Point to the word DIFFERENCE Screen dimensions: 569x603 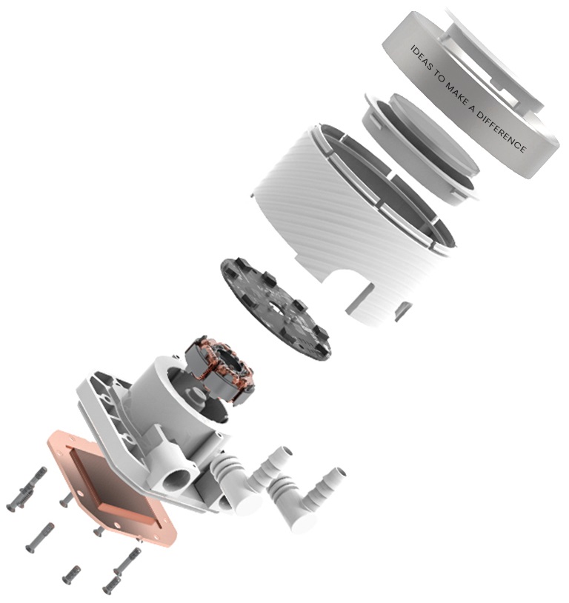coord(502,131)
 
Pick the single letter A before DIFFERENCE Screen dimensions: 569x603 coord(471,109)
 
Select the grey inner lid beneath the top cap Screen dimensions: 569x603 coord(422,148)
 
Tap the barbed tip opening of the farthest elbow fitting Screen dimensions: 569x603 coord(339,473)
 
